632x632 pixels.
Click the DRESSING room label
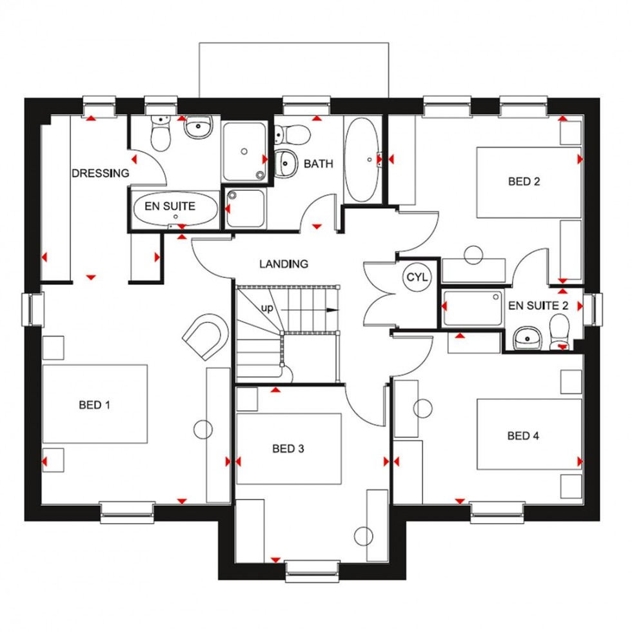click(100, 173)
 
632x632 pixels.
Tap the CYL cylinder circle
click(413, 277)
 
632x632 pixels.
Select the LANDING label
click(284, 264)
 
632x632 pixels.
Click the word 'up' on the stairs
click(266, 308)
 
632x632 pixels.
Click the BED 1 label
click(95, 405)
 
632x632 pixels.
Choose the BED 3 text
click(288, 448)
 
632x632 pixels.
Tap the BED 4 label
click(523, 436)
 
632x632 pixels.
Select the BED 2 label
click(524, 181)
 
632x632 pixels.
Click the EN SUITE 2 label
click(538, 306)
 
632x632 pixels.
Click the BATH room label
click(319, 164)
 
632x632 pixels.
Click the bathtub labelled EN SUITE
click(174, 208)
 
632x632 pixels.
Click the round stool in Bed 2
click(474, 255)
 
